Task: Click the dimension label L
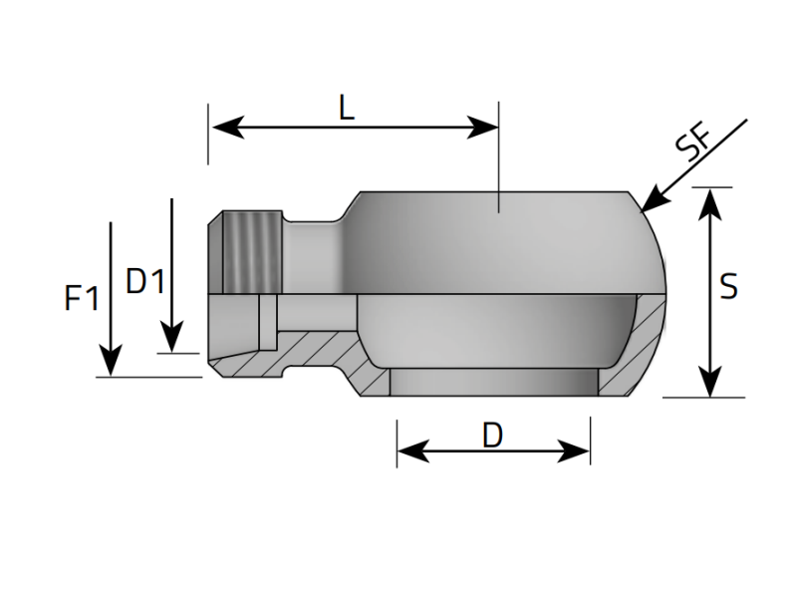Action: tap(346, 107)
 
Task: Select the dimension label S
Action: tap(729, 287)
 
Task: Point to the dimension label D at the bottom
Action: tap(492, 435)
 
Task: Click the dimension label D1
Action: tap(145, 282)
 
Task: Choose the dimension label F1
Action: tap(82, 298)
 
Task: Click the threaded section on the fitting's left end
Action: tap(252, 253)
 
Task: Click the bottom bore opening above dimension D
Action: tap(492, 383)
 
